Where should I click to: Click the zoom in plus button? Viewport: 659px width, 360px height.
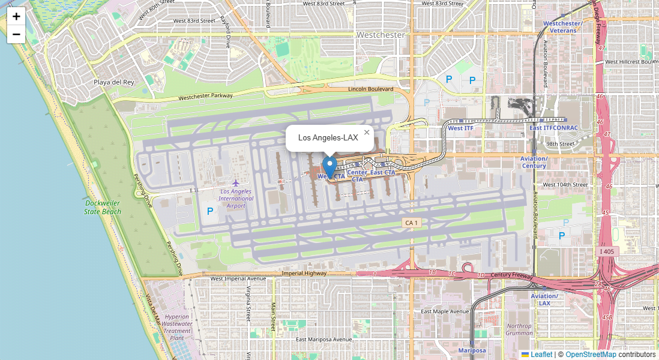[16, 16]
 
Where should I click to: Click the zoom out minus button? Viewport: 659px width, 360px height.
[16, 34]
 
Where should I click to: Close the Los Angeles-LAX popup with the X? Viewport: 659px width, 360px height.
[366, 132]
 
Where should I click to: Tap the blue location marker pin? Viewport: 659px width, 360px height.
[329, 166]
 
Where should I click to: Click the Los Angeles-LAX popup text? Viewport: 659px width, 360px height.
[328, 138]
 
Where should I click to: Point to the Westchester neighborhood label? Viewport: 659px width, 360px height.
[381, 35]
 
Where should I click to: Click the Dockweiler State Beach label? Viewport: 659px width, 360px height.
[102, 207]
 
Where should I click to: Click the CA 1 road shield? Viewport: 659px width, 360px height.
[411, 223]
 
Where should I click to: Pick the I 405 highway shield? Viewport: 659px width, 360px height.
[607, 251]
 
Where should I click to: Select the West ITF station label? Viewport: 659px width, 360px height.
[460, 128]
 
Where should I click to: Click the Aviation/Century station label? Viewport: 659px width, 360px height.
[534, 162]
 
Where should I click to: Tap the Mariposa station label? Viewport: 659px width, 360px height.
[472, 350]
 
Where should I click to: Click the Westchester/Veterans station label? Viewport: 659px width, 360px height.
[562, 26]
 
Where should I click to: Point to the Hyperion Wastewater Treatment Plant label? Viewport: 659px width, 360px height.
[176, 327]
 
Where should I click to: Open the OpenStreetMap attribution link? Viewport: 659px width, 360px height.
[590, 355]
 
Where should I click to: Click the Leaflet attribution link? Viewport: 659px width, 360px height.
[541, 355]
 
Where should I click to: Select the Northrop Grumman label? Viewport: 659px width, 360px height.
[519, 329]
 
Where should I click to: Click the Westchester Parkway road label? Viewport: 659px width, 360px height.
[205, 97]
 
